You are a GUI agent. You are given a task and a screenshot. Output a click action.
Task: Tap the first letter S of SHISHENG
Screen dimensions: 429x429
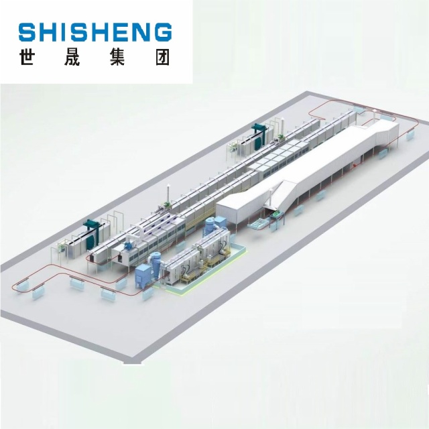click(x=27, y=33)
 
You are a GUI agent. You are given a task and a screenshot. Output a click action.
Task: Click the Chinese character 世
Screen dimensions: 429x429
click(x=27, y=57)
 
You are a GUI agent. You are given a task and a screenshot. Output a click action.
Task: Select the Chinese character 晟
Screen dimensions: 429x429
click(x=72, y=57)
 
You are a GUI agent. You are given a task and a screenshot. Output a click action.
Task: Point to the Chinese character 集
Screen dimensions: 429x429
click(x=117, y=57)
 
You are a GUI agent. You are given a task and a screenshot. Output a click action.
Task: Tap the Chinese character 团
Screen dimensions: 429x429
click(x=162, y=57)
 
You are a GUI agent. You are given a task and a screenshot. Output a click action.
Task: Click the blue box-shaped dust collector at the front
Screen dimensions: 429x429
click(x=143, y=276)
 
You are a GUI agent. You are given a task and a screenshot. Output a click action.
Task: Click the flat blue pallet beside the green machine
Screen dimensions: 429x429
click(x=257, y=225)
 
